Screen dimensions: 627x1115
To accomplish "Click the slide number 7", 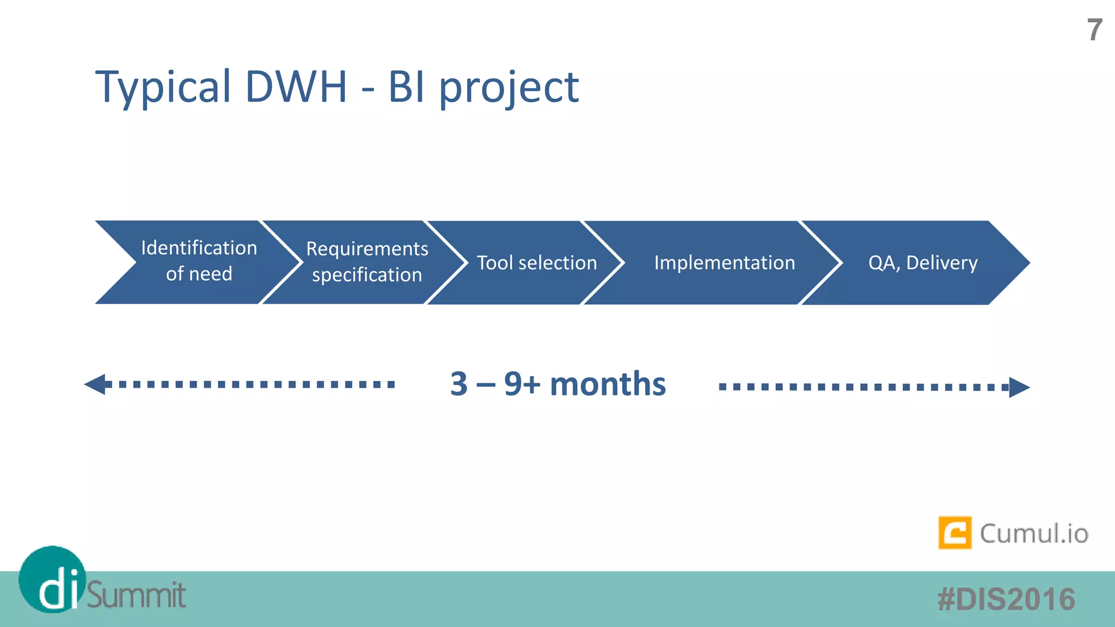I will pos(1094,30).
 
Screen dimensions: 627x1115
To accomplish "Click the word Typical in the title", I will pos(163,87).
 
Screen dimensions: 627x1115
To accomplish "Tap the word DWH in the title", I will pos(296,87).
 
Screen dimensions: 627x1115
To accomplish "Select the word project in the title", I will pos(509,88).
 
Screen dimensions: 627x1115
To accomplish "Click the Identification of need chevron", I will pos(199,262).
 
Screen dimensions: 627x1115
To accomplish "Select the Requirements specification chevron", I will pos(366,262).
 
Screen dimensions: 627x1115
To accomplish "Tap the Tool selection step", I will pos(537,263).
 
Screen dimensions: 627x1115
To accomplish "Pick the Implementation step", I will pos(724,263).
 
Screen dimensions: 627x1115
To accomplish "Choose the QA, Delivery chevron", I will pos(922,263).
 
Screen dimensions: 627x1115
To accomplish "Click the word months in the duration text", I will pos(608,384).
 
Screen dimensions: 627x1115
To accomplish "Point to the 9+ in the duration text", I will pos(522,384).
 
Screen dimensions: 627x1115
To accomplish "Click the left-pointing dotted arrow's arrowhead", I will pos(96,384).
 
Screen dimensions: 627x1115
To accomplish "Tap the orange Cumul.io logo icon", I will pos(954,533).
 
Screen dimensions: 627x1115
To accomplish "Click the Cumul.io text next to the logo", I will pos(1033,533).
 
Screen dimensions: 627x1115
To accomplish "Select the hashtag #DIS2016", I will pos(1006,599).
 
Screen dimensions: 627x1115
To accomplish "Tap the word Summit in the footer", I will pos(136,595).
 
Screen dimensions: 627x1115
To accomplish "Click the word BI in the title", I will pos(406,87).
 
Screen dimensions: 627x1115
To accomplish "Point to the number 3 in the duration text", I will pos(459,384).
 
